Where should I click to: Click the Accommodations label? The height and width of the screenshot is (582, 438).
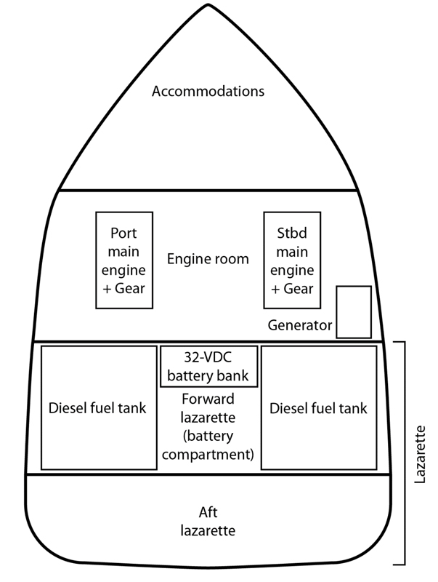(x=207, y=92)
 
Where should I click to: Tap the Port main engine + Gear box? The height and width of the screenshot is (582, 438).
(x=125, y=260)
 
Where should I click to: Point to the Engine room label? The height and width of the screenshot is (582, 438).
(x=208, y=259)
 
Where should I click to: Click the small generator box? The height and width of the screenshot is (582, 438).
(x=354, y=311)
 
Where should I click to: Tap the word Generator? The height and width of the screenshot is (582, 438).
(x=300, y=325)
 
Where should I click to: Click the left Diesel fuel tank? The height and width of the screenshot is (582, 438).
(x=98, y=408)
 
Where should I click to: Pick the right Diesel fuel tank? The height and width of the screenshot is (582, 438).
(x=318, y=408)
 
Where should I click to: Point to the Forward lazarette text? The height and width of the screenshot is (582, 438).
(x=209, y=407)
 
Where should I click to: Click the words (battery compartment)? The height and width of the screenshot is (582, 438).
(x=209, y=447)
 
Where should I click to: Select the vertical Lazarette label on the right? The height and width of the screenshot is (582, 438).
(x=422, y=451)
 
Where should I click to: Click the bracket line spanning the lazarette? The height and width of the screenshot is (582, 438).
(x=404, y=451)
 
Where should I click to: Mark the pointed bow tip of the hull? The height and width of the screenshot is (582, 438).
(x=208, y=5)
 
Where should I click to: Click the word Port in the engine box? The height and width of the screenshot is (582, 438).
(x=124, y=235)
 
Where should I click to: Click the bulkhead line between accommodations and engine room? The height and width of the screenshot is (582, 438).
(x=208, y=191)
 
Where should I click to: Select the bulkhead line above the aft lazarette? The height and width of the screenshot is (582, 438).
(x=208, y=474)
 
